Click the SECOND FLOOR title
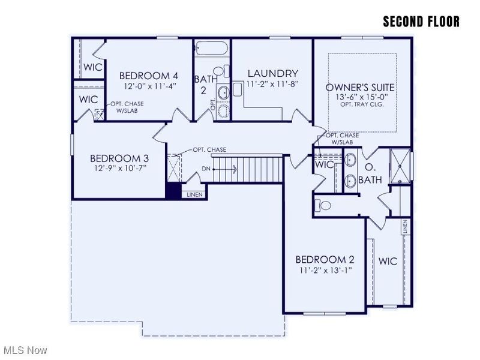tap(421, 22)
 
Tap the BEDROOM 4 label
tap(148, 76)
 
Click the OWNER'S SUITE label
tap(360, 88)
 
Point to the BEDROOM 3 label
tap(119, 158)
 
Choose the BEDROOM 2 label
tap(325, 260)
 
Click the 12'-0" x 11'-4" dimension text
tap(148, 86)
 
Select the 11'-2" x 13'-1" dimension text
tap(325, 270)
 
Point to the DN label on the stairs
tap(206, 169)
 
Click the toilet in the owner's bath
tap(325, 206)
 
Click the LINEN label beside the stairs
tap(194, 194)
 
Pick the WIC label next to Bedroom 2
tap(388, 262)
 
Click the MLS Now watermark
tap(25, 349)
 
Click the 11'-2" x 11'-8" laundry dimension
tap(272, 84)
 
